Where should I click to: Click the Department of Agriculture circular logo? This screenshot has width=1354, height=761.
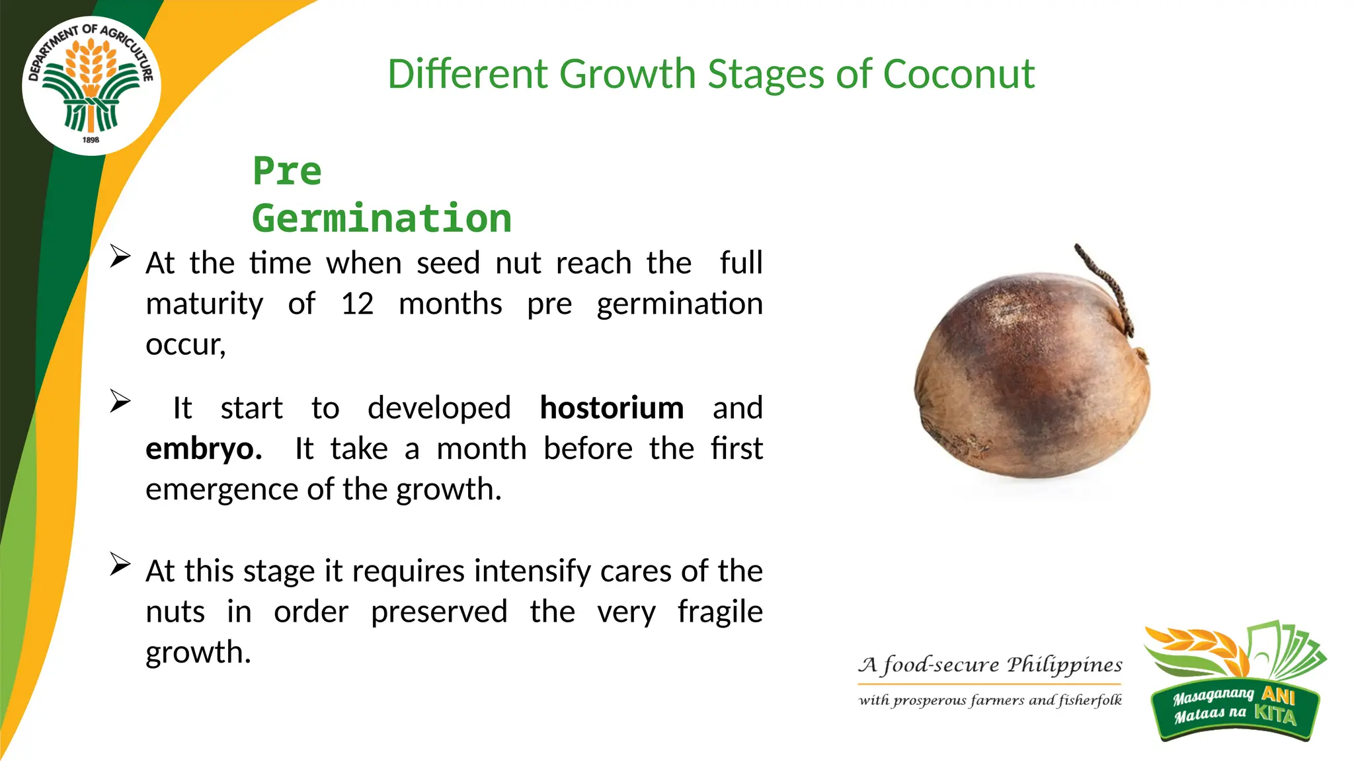(91, 85)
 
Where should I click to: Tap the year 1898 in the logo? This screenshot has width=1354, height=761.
(91, 140)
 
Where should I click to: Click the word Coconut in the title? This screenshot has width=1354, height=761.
(958, 74)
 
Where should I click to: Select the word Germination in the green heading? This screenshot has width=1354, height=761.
(381, 219)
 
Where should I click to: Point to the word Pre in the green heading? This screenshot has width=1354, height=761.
(287, 171)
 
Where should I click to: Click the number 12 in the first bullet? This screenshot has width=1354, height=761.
(357, 304)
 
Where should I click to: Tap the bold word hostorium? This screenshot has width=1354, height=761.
(612, 408)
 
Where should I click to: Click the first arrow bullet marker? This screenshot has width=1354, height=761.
(120, 256)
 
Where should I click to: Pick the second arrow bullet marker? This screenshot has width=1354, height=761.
(120, 401)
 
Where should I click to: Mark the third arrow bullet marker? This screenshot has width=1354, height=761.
(120, 564)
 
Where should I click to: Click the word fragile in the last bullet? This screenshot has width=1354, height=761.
(720, 612)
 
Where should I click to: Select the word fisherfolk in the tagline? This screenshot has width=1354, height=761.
(1090, 700)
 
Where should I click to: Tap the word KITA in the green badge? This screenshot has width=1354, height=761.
(1275, 714)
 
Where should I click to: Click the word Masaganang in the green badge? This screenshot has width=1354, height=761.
(1213, 696)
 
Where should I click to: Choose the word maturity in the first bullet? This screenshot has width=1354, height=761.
(204, 304)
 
